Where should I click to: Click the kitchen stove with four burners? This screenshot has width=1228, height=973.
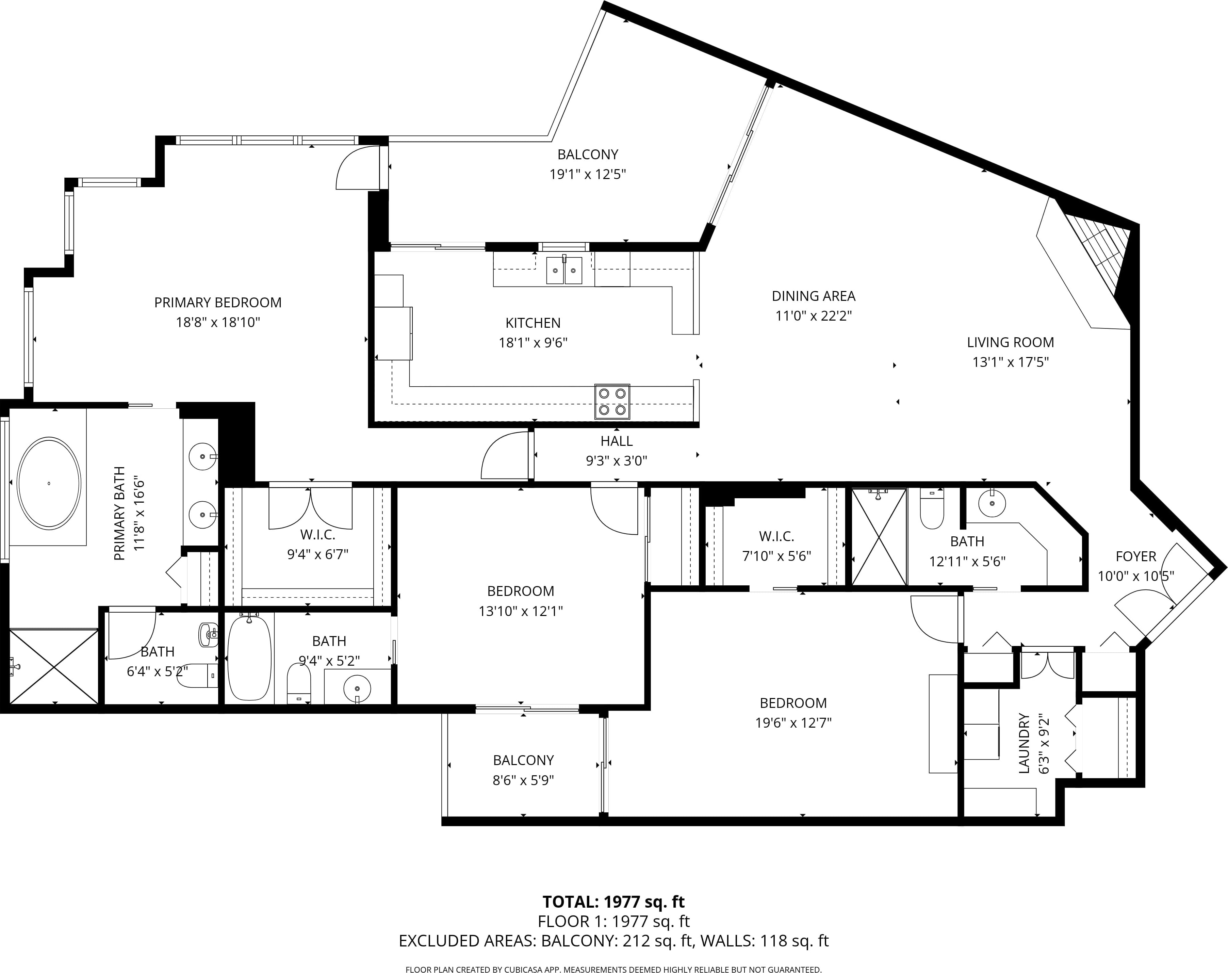tap(612, 402)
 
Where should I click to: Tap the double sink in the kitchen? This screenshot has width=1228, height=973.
tap(564, 270)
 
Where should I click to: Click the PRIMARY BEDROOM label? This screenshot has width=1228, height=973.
tap(217, 303)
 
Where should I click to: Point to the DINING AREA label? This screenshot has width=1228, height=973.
tap(813, 296)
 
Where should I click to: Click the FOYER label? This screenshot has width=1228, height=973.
tap(1136, 556)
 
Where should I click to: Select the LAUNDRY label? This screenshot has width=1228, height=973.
tap(1024, 743)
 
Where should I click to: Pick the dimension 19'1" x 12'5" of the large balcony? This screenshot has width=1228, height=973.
tap(587, 174)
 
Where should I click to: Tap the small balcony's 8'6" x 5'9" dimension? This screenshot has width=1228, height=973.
tap(523, 780)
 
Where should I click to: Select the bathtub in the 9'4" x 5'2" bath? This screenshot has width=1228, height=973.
tap(249, 658)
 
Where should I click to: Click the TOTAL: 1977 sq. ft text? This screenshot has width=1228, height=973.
tap(613, 902)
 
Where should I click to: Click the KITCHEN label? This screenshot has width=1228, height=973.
tap(533, 323)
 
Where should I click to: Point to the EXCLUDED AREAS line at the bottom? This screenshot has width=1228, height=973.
tap(613, 941)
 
